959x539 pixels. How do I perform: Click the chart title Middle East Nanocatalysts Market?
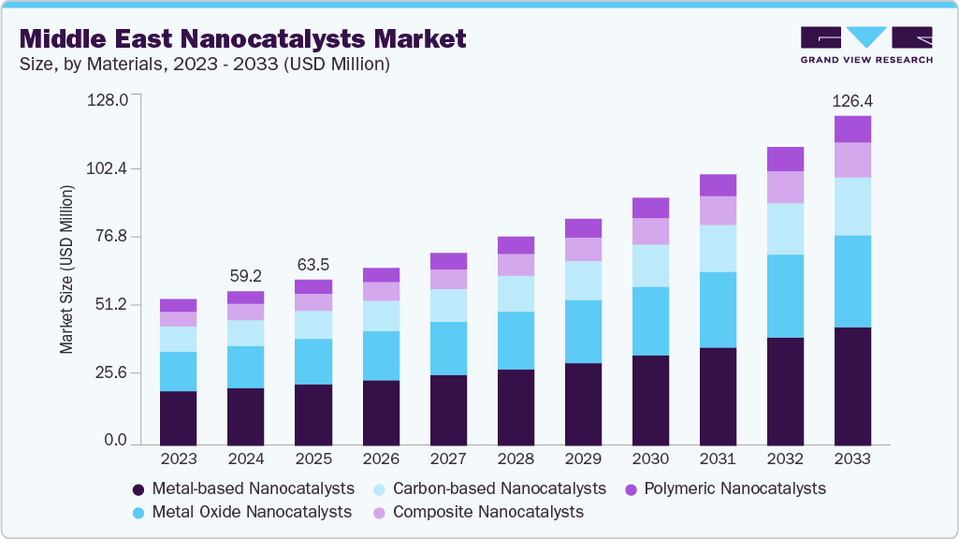(242, 39)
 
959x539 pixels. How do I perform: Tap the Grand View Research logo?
(865, 44)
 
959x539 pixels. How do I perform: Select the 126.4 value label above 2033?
(852, 100)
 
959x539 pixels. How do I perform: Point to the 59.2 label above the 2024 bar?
(245, 276)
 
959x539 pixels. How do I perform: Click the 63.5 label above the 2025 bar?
(312, 264)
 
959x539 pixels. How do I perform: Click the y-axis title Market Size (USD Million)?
(66, 269)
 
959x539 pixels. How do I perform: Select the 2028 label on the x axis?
(516, 459)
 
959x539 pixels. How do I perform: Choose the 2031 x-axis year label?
(718, 459)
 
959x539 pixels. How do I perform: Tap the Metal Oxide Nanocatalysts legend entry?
(241, 512)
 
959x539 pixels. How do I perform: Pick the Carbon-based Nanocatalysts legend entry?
(489, 488)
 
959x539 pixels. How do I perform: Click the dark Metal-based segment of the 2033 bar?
(852, 386)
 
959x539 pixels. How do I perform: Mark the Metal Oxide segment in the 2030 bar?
(650, 321)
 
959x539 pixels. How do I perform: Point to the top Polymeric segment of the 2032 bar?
(785, 159)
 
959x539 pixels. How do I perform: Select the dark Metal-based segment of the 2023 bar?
(178, 417)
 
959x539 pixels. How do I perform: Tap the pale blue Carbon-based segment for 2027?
(448, 305)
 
